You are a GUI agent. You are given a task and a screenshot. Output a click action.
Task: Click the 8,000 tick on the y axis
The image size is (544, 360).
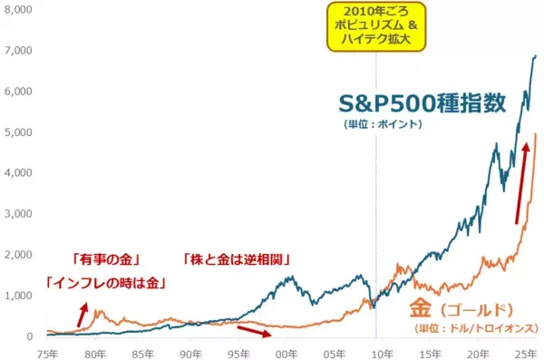pos(18,10)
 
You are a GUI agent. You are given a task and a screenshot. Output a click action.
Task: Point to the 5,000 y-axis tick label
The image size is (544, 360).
pos(18,131)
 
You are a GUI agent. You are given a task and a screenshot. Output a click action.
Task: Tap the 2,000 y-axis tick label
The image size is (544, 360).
pos(18,255)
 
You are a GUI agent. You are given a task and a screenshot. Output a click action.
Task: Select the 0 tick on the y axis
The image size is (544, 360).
pos(29,336)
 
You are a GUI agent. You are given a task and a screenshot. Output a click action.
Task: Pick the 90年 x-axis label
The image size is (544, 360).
pos(191,351)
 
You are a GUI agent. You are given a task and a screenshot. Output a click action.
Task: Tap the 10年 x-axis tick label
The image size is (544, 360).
pos(383,351)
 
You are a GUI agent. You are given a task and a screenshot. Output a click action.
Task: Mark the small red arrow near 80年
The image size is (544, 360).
pos(83,316)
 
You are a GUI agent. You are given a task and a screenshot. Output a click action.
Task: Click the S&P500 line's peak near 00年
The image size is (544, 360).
pos(288,276)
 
